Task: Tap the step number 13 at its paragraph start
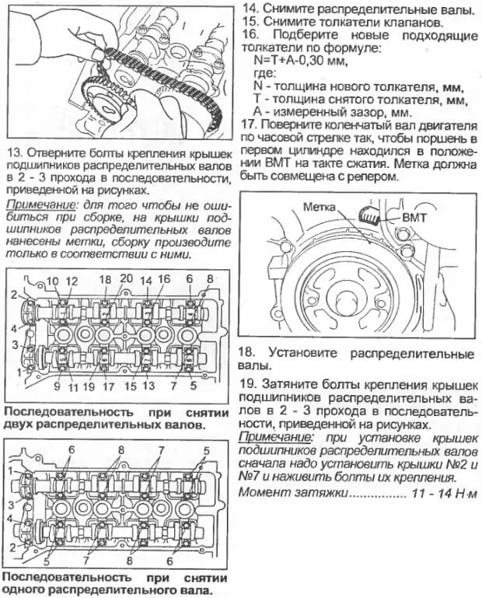pos(12,152)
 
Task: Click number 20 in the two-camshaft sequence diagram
pos(127,280)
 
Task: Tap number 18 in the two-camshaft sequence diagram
pos(105,280)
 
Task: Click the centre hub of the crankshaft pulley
pos(344,296)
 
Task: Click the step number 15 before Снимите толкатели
pos(250,23)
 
